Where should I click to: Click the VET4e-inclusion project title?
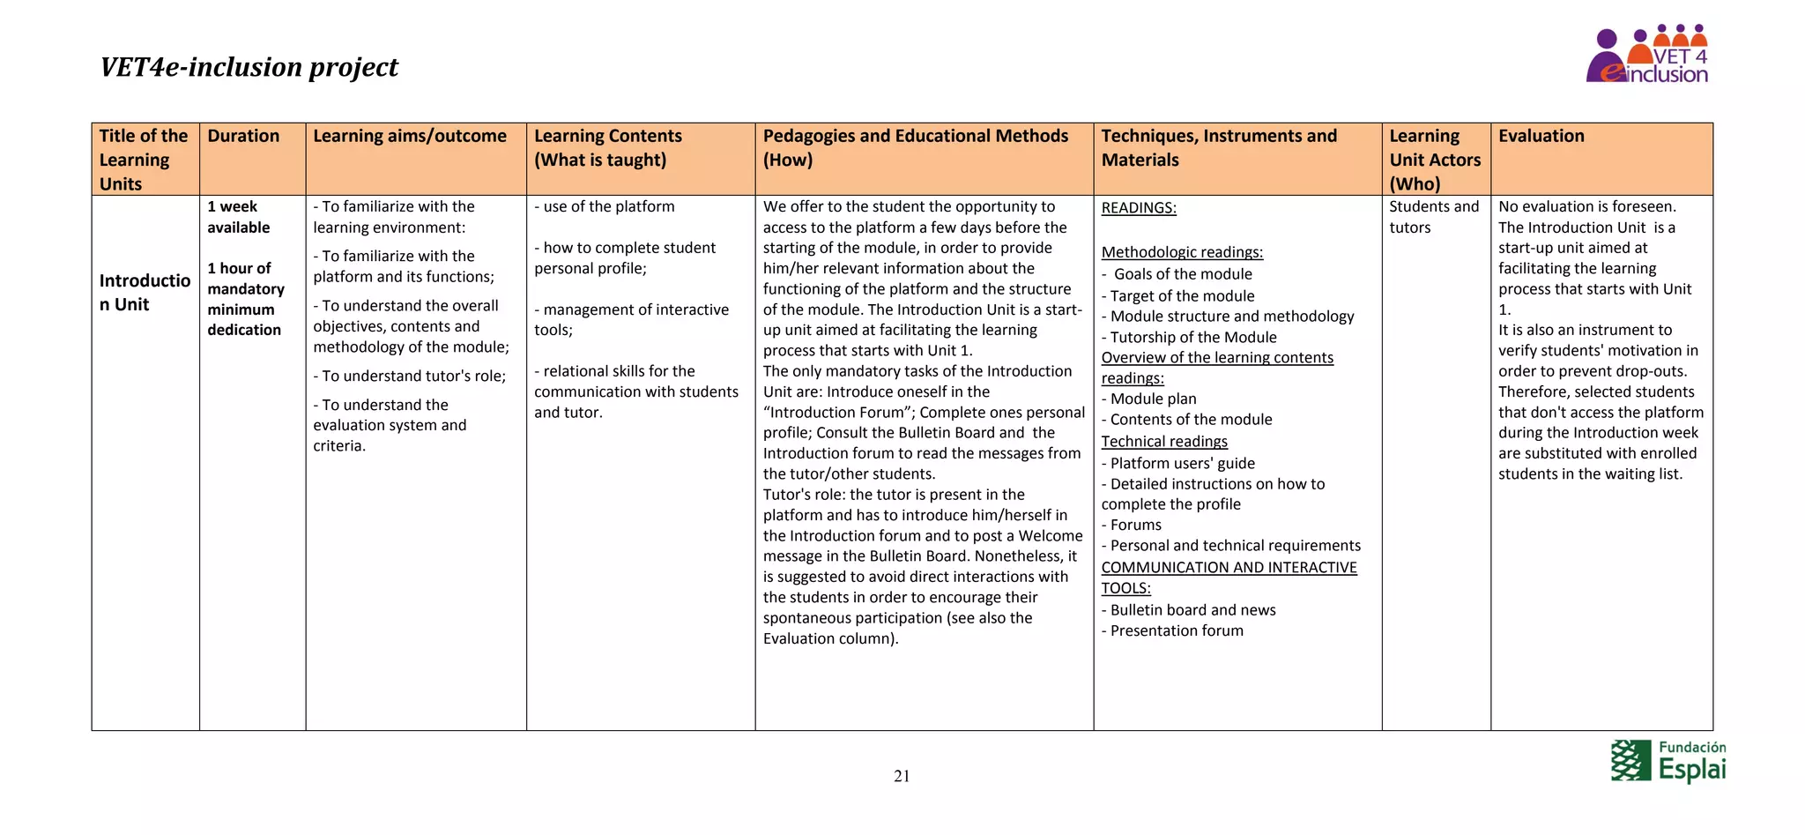pyautogui.click(x=249, y=67)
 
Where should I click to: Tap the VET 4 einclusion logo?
pyautogui.click(x=1646, y=56)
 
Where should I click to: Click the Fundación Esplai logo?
pyautogui.click(x=1668, y=761)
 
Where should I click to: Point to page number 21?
pyautogui.click(x=901, y=776)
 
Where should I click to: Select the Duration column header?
pyautogui.click(x=243, y=136)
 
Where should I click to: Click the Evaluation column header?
pyautogui.click(x=1541, y=136)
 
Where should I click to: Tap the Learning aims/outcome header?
pyautogui.click(x=410, y=136)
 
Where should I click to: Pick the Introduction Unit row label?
pyautogui.click(x=144, y=292)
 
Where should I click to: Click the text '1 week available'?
pyautogui.click(x=238, y=217)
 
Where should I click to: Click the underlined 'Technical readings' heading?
pyautogui.click(x=1163, y=442)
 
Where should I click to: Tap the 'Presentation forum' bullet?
pyautogui.click(x=1176, y=630)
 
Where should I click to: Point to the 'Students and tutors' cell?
pyautogui.click(x=1433, y=217)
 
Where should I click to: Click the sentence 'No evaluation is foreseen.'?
pyautogui.click(x=1586, y=206)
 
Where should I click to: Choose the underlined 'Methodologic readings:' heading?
pyautogui.click(x=1181, y=252)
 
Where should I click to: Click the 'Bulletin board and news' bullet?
pyautogui.click(x=1192, y=610)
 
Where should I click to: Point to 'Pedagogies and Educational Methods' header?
pyautogui.click(x=915, y=136)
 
